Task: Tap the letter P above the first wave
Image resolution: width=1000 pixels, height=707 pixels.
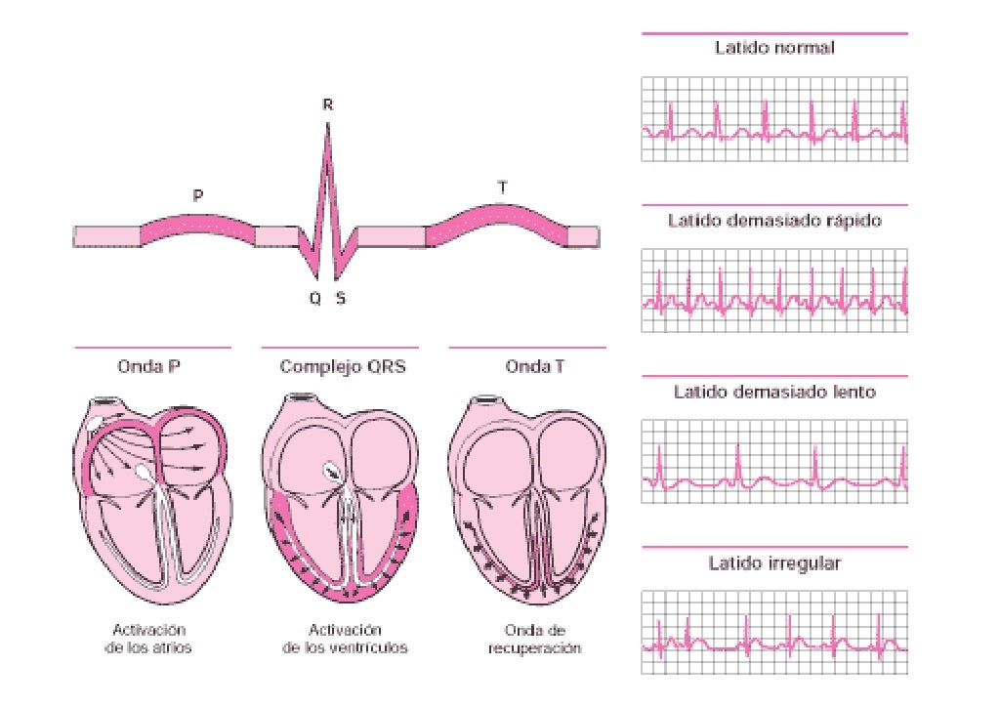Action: coord(198,196)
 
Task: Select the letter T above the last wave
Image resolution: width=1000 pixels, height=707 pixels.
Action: coord(502,184)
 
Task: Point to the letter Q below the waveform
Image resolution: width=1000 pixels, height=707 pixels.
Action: coord(314,299)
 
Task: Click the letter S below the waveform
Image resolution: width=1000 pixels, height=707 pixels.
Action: coord(340,299)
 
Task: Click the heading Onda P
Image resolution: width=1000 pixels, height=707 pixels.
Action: coord(151,367)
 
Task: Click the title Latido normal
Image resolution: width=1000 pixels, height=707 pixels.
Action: coord(774,47)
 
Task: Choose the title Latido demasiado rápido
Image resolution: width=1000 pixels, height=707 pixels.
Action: coord(774,220)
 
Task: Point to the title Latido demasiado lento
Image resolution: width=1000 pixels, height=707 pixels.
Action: coord(774,392)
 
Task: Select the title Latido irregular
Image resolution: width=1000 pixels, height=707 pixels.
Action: coord(774,563)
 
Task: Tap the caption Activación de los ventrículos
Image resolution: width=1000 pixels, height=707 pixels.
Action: coord(345,639)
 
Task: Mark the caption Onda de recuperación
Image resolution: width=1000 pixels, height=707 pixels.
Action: coord(534,639)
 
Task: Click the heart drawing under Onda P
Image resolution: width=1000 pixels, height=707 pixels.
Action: coord(151,498)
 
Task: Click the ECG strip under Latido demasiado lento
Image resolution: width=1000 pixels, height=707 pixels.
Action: coord(774,462)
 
